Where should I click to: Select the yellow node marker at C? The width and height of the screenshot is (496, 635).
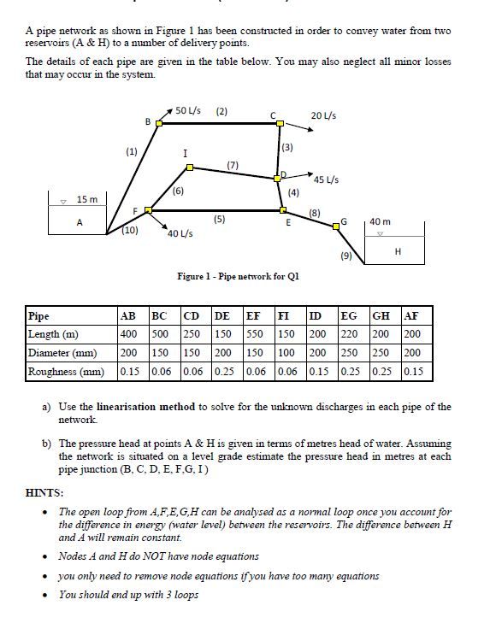[x=280, y=123]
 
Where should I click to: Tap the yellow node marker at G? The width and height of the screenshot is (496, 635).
[x=336, y=226]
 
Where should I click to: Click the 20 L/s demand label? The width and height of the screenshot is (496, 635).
[x=322, y=115]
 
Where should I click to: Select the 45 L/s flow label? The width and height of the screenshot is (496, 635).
[x=326, y=179]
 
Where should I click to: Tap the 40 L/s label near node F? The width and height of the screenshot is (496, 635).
[x=179, y=233]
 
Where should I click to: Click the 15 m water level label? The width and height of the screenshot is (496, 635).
[x=88, y=200]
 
